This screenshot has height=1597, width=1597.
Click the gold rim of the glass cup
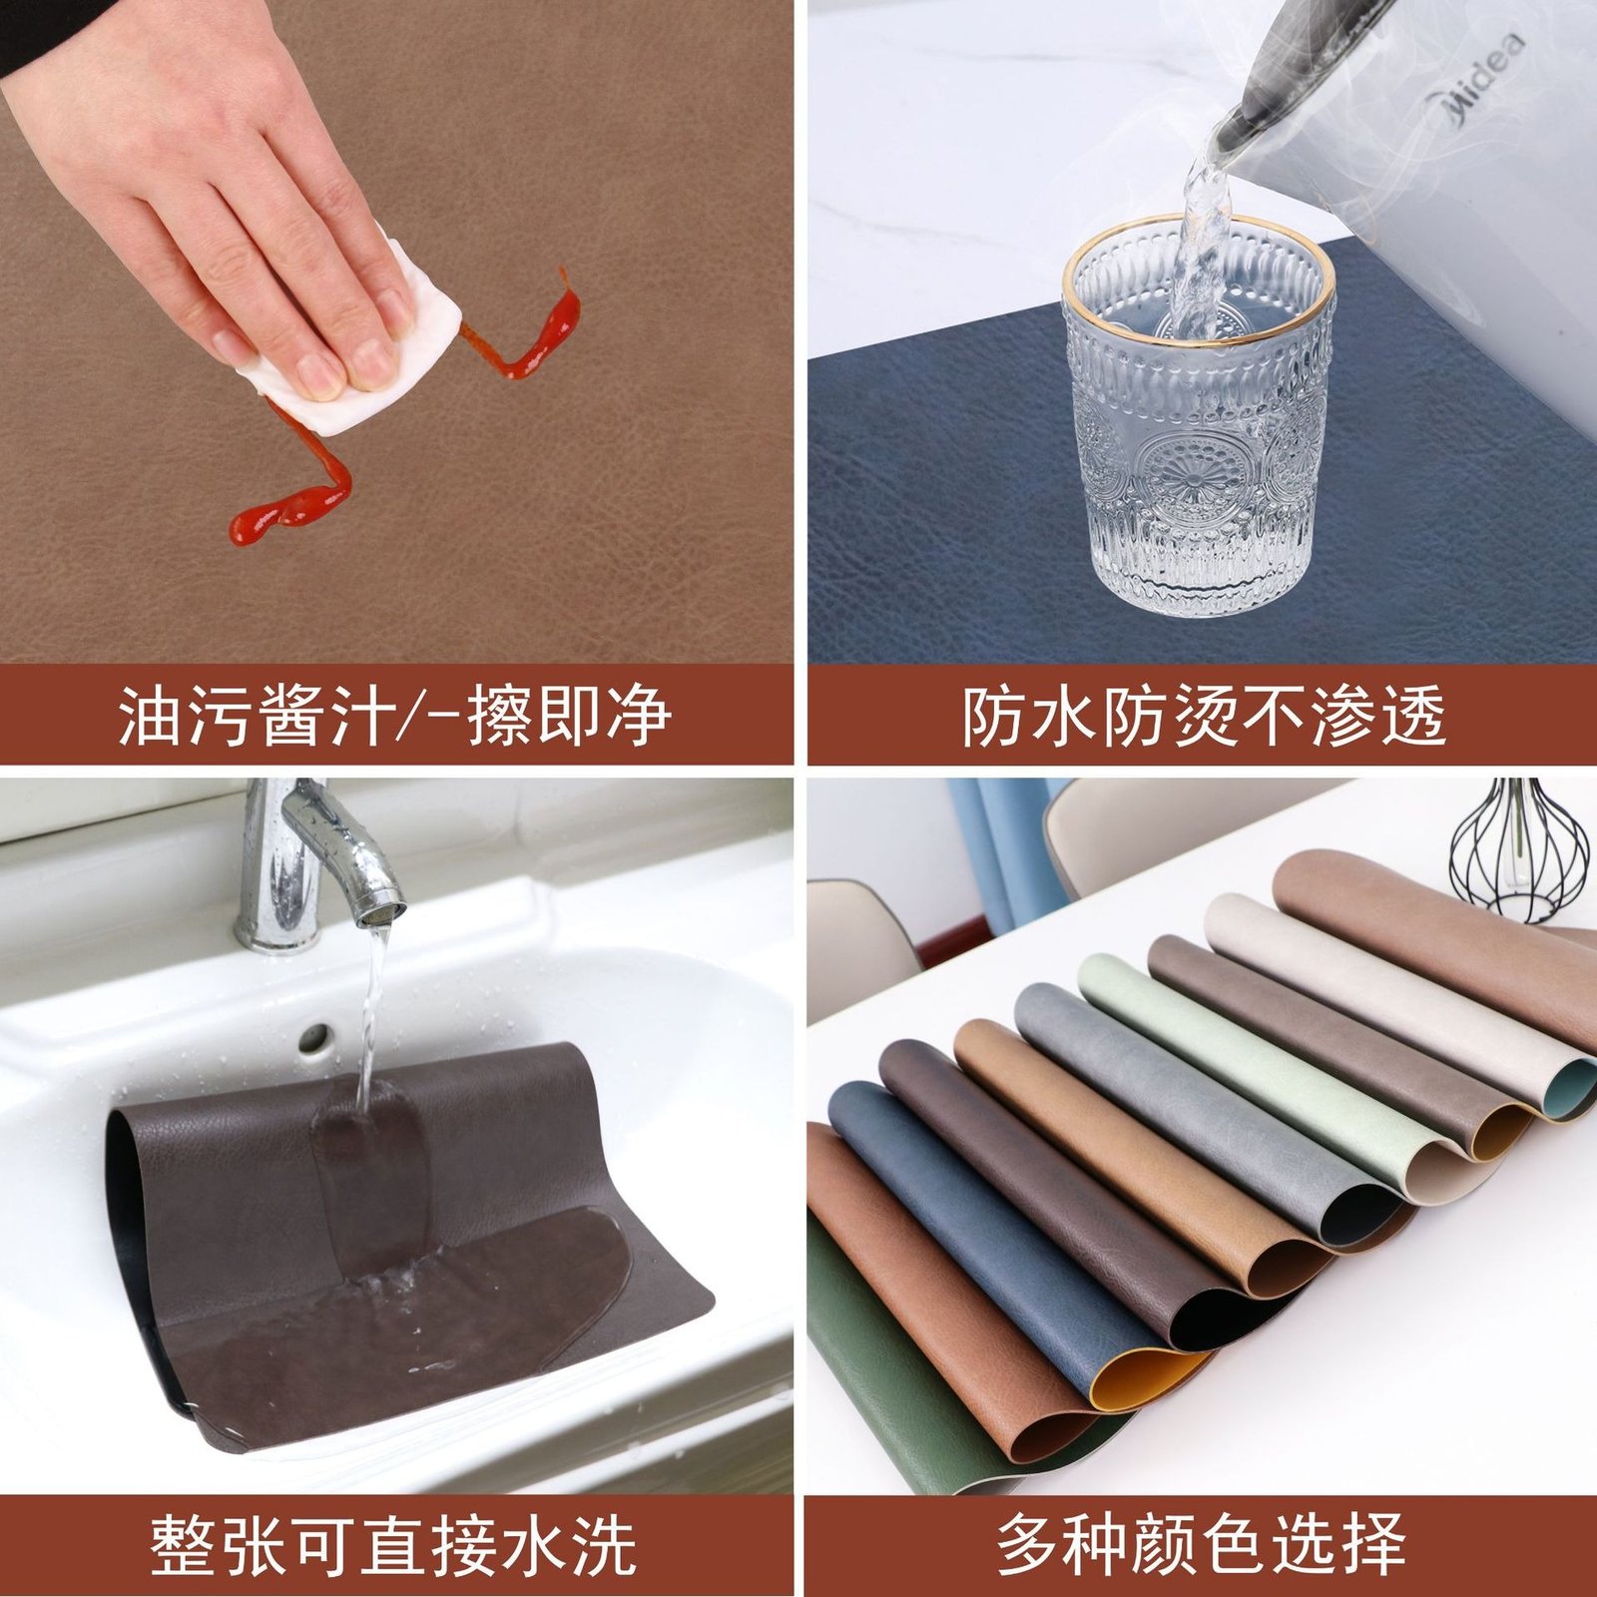(x=1198, y=299)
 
